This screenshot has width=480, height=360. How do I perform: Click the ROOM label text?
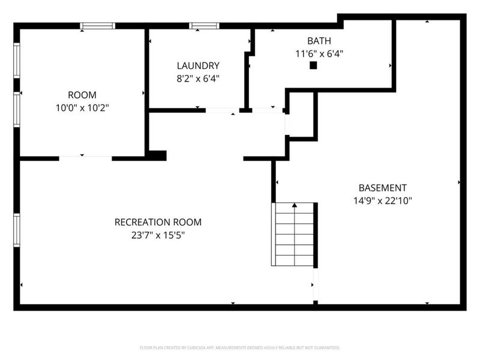point(82,95)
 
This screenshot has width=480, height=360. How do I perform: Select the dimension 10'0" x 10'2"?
point(82,107)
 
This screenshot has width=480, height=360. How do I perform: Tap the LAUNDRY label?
point(197,65)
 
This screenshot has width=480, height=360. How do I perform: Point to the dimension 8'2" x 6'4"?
point(197,78)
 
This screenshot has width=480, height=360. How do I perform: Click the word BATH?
point(319,41)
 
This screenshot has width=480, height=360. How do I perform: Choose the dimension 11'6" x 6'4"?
point(319,53)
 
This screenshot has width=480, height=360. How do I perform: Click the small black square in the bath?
point(313,65)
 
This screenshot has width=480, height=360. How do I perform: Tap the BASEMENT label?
point(382,187)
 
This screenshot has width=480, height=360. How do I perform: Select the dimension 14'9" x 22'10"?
point(382,200)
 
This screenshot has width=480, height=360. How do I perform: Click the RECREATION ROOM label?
point(158,222)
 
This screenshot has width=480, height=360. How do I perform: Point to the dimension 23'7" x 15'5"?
point(158,235)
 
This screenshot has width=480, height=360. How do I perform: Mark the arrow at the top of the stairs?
point(294,206)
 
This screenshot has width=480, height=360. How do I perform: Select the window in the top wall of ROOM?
point(98,26)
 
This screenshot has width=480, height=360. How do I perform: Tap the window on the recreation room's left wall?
point(17,231)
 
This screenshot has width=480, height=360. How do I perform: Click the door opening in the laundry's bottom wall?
point(222,110)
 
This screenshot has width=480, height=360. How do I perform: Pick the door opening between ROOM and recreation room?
point(85,158)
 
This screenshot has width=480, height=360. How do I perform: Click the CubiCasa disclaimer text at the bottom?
point(240,347)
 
